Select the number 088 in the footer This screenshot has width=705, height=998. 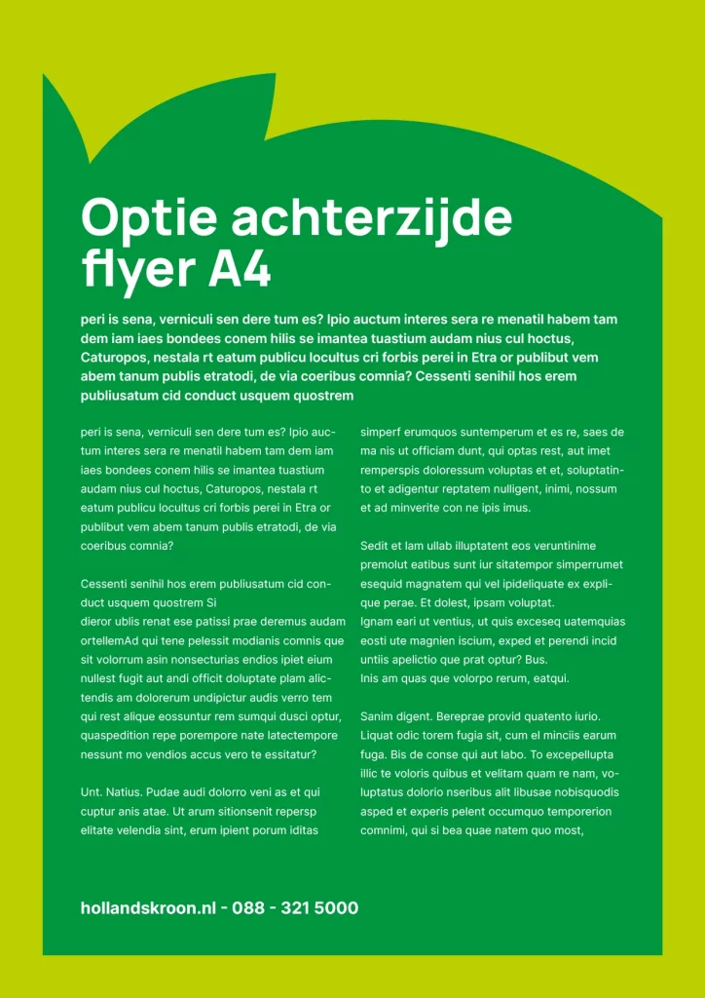pos(248,908)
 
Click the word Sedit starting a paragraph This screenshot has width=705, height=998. pos(375,546)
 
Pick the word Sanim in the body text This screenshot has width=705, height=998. pos(377,716)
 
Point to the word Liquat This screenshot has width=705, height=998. pos(378,735)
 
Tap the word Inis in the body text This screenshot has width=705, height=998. pos(370,678)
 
